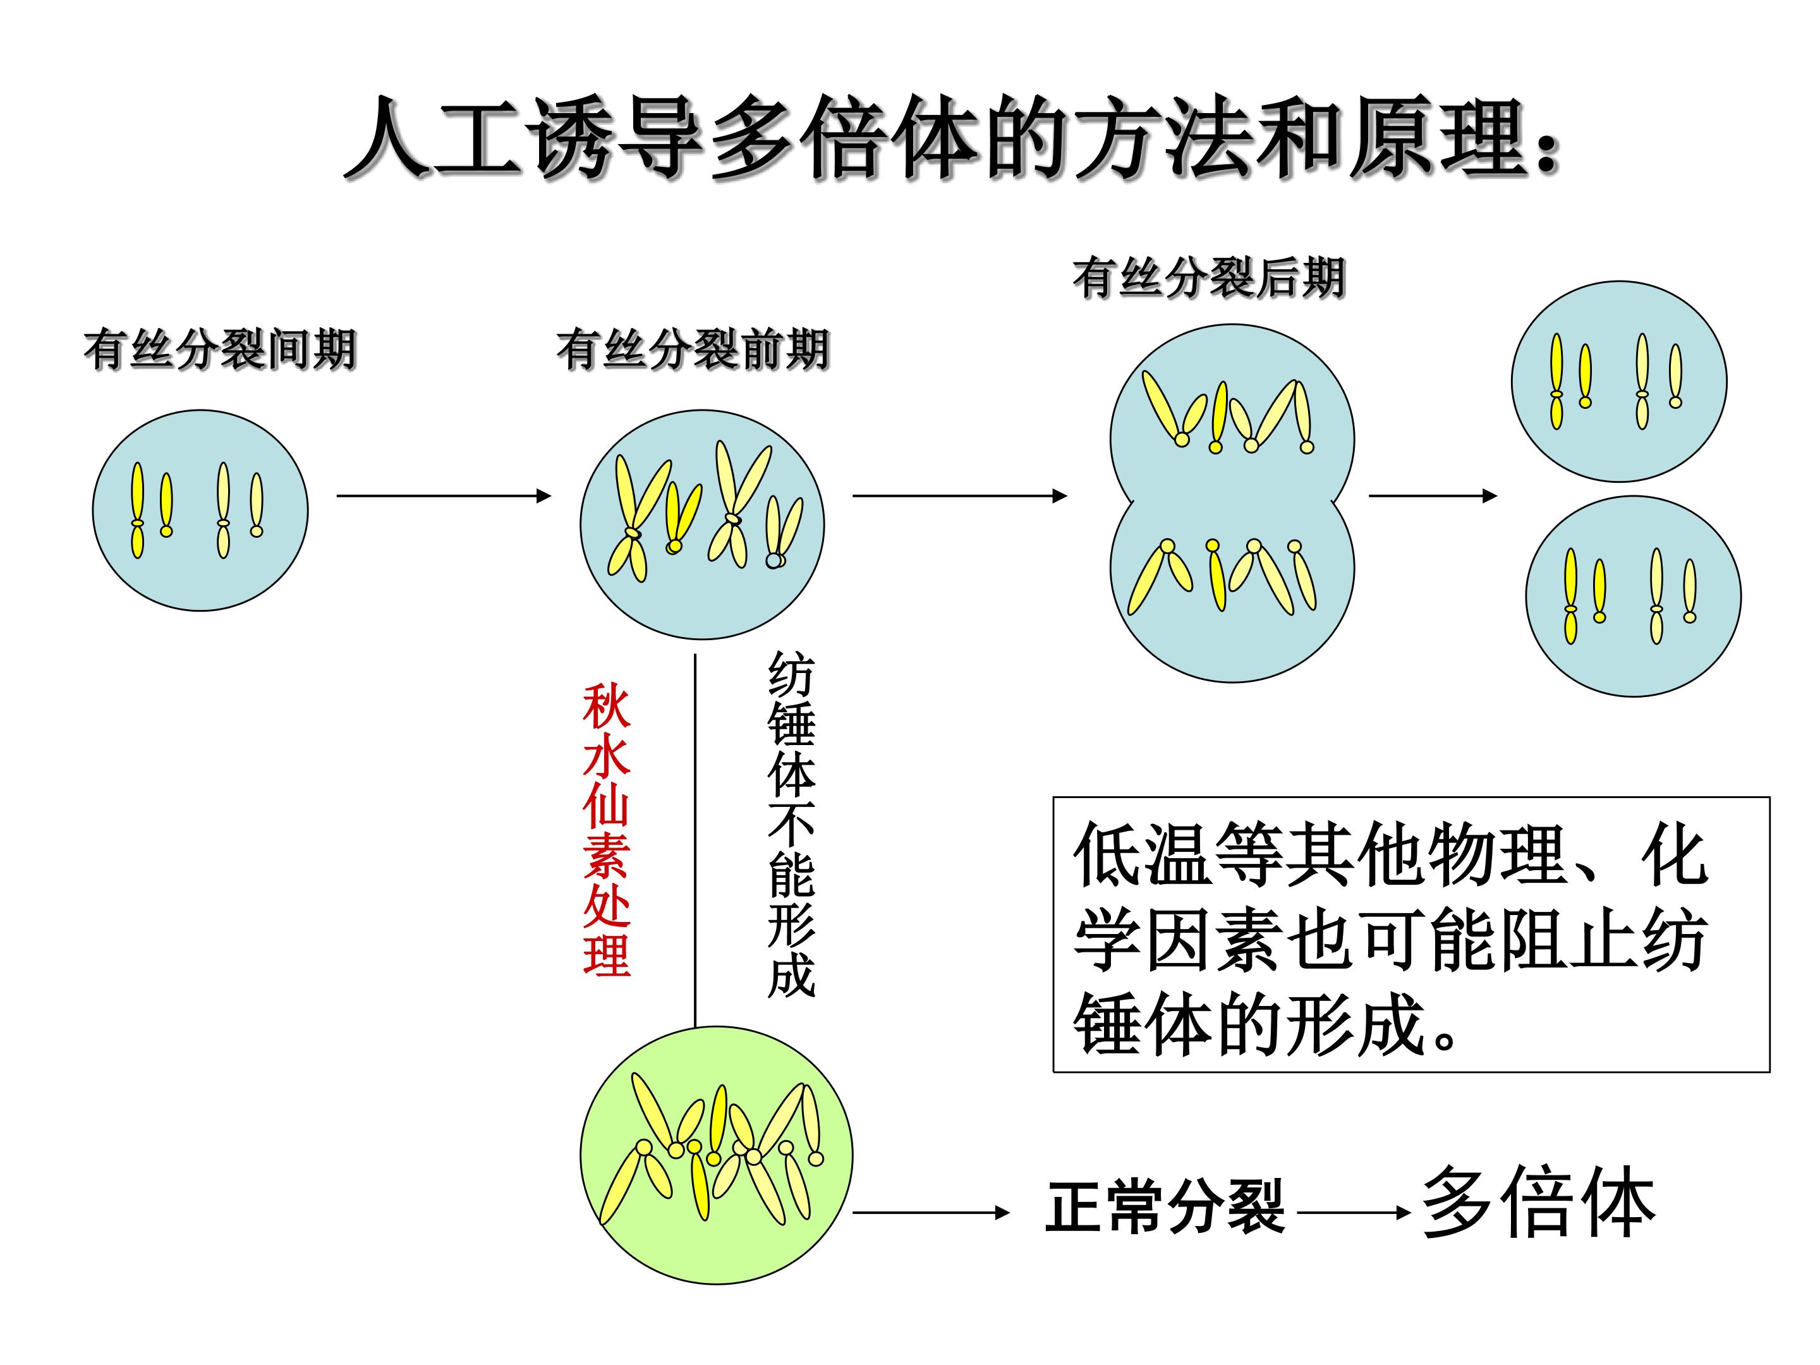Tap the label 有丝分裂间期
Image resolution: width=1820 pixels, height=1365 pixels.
click(x=220, y=351)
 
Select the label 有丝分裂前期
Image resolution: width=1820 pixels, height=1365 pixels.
click(x=693, y=351)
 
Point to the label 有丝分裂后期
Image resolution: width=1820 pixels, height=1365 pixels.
click(x=1209, y=277)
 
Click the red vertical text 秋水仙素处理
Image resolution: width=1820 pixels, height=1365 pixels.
click(x=607, y=830)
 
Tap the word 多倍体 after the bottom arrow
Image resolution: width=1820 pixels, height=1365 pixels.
click(x=1539, y=1202)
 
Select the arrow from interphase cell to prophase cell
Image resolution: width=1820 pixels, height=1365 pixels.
click(x=444, y=495)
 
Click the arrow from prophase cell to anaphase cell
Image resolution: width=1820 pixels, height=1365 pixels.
click(x=959, y=495)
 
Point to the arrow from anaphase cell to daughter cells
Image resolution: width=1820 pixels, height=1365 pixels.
click(x=1433, y=495)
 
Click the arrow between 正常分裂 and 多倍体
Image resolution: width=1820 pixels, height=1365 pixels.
click(x=1354, y=1212)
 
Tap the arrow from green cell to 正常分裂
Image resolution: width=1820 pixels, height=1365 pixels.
click(x=931, y=1212)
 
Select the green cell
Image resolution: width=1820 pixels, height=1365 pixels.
click(x=717, y=1155)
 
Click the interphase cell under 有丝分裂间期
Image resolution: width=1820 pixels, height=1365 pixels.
click(x=200, y=510)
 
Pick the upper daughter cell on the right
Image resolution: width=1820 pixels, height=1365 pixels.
click(x=1619, y=382)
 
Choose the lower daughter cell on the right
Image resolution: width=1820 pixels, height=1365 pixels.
click(x=1633, y=597)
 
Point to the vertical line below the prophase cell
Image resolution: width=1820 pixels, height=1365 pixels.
click(x=695, y=840)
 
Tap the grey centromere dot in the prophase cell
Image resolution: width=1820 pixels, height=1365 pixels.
click(x=773, y=559)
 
